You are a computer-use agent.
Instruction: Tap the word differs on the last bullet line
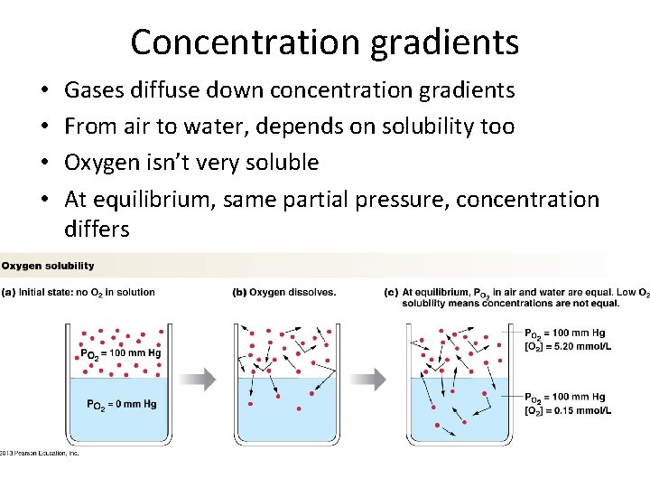click(97, 230)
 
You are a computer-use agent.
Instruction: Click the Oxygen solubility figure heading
click(48, 266)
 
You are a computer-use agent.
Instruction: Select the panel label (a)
click(7, 292)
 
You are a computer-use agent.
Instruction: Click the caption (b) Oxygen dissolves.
click(284, 292)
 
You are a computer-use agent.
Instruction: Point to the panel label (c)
click(391, 292)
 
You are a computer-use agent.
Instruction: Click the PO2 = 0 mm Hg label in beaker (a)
click(121, 404)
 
